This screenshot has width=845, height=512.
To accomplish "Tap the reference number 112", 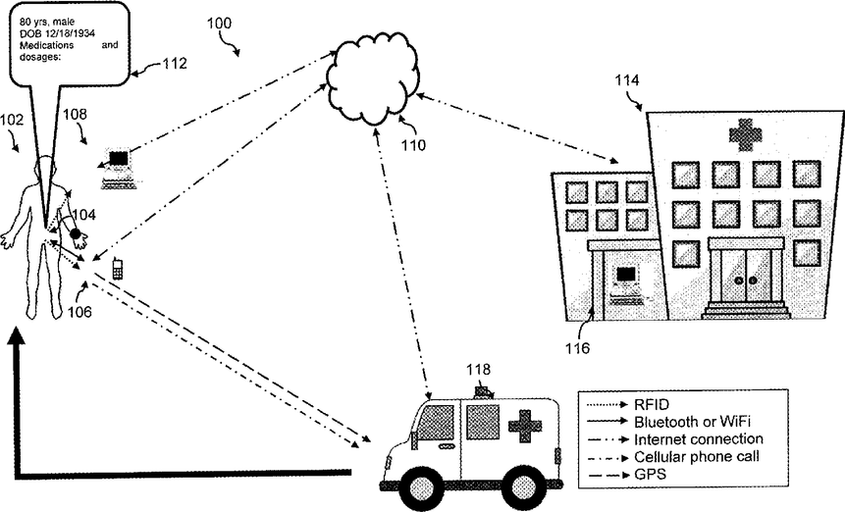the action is click(174, 64).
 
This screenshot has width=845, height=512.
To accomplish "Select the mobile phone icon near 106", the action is click(117, 269).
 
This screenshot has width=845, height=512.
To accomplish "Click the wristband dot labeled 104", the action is click(75, 233).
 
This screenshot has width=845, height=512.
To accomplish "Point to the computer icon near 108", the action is click(118, 169).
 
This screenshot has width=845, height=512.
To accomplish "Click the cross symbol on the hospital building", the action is click(745, 134).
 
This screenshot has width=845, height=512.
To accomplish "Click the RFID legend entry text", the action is click(652, 405).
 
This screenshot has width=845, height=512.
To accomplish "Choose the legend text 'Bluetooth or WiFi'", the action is click(692, 422).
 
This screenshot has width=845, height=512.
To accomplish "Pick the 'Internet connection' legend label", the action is click(699, 439).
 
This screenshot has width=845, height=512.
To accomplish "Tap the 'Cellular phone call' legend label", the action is click(697, 457).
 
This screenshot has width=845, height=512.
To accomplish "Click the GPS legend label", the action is click(650, 475).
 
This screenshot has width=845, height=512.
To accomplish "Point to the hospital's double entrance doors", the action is click(746, 277).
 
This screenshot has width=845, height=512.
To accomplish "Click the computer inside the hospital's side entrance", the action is click(627, 283).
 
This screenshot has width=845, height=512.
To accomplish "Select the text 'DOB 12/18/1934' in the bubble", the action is click(58, 33).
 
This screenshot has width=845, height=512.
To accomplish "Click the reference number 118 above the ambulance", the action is click(479, 370).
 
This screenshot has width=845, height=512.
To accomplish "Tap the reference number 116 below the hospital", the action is click(577, 348).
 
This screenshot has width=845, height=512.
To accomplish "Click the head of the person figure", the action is click(45, 168).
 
